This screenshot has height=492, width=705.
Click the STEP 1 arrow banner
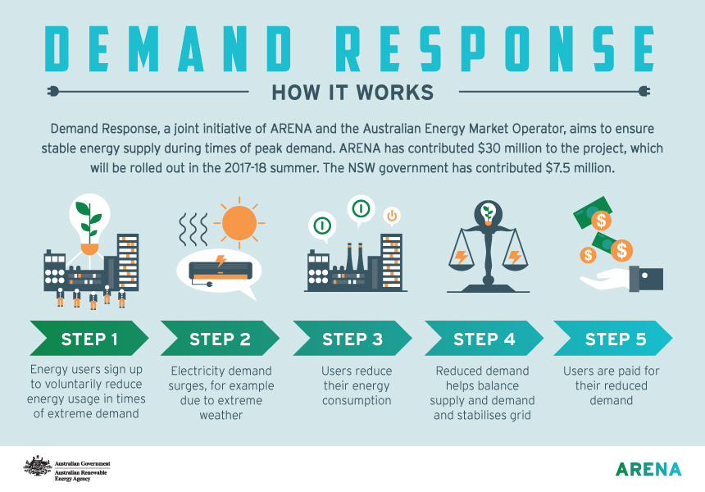pos(89,339)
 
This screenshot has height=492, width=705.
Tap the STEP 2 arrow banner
pos(220,339)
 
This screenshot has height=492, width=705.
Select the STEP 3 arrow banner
pos(352,339)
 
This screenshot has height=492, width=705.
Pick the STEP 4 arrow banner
pos(484,339)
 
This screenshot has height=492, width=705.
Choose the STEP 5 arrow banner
pos(615,339)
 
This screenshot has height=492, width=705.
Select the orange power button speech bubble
pos(392,216)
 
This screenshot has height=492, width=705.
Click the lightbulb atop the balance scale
pos(489,212)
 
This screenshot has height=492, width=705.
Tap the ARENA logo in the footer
pos(648,469)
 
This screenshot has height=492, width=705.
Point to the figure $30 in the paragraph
pos(472,148)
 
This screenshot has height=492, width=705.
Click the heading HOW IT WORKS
pos(352,91)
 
